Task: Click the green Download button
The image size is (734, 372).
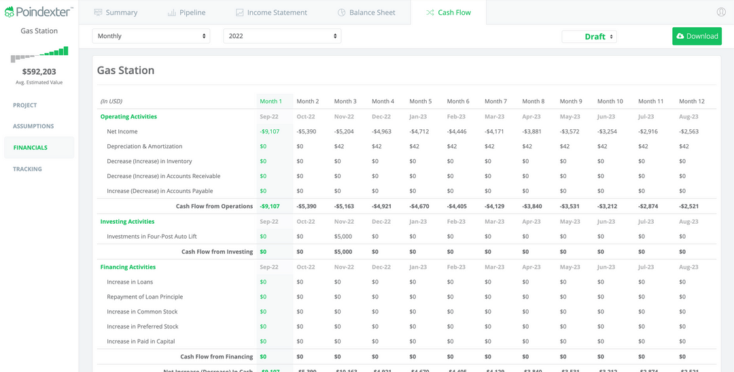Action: point(697,36)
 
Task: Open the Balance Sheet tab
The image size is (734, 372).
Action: point(366,12)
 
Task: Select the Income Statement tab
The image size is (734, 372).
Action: point(271,12)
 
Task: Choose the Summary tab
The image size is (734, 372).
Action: point(116,12)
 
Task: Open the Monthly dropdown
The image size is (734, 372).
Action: point(151,36)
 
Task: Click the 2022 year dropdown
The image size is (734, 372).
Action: point(282,36)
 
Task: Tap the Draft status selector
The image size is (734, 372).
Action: point(589,37)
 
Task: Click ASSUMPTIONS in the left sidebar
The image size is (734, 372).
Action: point(33,126)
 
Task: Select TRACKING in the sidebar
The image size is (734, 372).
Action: point(27,169)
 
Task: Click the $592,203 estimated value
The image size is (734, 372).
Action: point(39,71)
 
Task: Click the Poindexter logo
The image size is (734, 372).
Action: point(39,12)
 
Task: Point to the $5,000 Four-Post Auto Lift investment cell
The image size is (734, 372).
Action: point(343,237)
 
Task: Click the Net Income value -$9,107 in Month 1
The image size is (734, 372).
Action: point(269,131)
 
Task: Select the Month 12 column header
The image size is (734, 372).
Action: point(691,101)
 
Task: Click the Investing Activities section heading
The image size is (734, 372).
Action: point(127,222)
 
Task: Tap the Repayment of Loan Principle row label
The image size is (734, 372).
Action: point(145,297)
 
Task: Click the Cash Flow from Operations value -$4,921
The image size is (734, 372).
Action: point(381,206)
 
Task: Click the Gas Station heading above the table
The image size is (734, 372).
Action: point(126,70)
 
